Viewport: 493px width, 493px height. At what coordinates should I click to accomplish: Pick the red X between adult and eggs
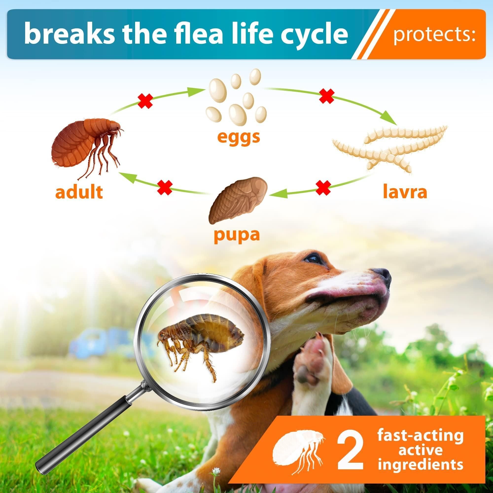pyautogui.click(x=146, y=101)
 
